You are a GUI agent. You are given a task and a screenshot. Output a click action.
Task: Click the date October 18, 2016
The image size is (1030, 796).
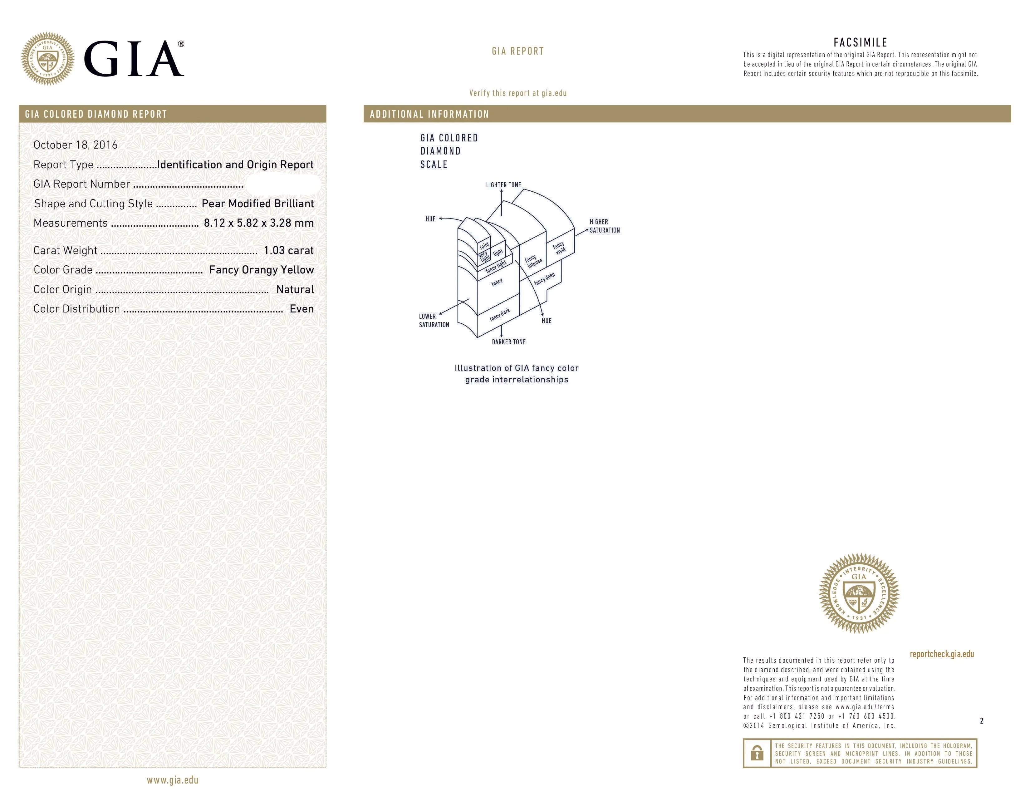pyautogui.click(x=76, y=145)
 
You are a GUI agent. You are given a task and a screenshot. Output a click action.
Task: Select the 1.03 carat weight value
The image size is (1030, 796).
pyautogui.click(x=288, y=250)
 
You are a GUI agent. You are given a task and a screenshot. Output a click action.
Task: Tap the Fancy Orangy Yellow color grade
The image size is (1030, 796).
pyautogui.click(x=261, y=270)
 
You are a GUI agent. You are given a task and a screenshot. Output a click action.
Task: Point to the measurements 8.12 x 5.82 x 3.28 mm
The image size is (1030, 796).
pyautogui.click(x=258, y=223)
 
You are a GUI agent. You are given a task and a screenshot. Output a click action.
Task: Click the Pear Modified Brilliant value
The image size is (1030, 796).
pyautogui.click(x=257, y=204)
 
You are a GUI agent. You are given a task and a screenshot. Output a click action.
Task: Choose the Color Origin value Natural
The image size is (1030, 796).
pyautogui.click(x=295, y=290)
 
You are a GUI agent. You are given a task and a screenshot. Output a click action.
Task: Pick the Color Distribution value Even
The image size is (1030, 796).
pyautogui.click(x=302, y=309)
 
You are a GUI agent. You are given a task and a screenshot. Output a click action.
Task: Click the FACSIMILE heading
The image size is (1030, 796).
pyautogui.click(x=860, y=42)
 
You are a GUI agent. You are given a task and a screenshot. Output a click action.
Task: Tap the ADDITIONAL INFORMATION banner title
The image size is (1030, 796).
pyautogui.click(x=429, y=114)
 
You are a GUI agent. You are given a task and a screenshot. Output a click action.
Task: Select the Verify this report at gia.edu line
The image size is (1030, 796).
pyautogui.click(x=518, y=93)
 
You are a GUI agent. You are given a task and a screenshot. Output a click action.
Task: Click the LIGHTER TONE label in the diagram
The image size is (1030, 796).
pyautogui.click(x=503, y=185)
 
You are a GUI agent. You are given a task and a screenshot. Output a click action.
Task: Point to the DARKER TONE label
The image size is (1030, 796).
pyautogui.click(x=508, y=342)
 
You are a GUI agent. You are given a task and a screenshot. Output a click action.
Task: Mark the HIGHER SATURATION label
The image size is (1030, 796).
pyautogui.click(x=605, y=226)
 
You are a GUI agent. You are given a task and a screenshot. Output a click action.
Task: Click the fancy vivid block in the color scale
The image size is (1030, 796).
pyautogui.click(x=559, y=248)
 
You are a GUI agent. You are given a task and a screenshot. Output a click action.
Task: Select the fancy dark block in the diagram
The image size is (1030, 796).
pyautogui.click(x=499, y=315)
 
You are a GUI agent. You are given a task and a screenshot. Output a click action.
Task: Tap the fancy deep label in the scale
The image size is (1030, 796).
pyautogui.click(x=544, y=279)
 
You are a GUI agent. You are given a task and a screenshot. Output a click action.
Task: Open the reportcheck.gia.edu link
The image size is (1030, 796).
pyautogui.click(x=941, y=654)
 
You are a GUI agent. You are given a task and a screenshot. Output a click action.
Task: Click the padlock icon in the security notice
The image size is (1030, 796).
pyautogui.click(x=757, y=753)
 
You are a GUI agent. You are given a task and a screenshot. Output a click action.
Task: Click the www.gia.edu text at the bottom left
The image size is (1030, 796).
pyautogui.click(x=172, y=780)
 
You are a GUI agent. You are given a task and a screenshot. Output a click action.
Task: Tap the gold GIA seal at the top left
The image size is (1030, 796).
pyautogui.click(x=48, y=59)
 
